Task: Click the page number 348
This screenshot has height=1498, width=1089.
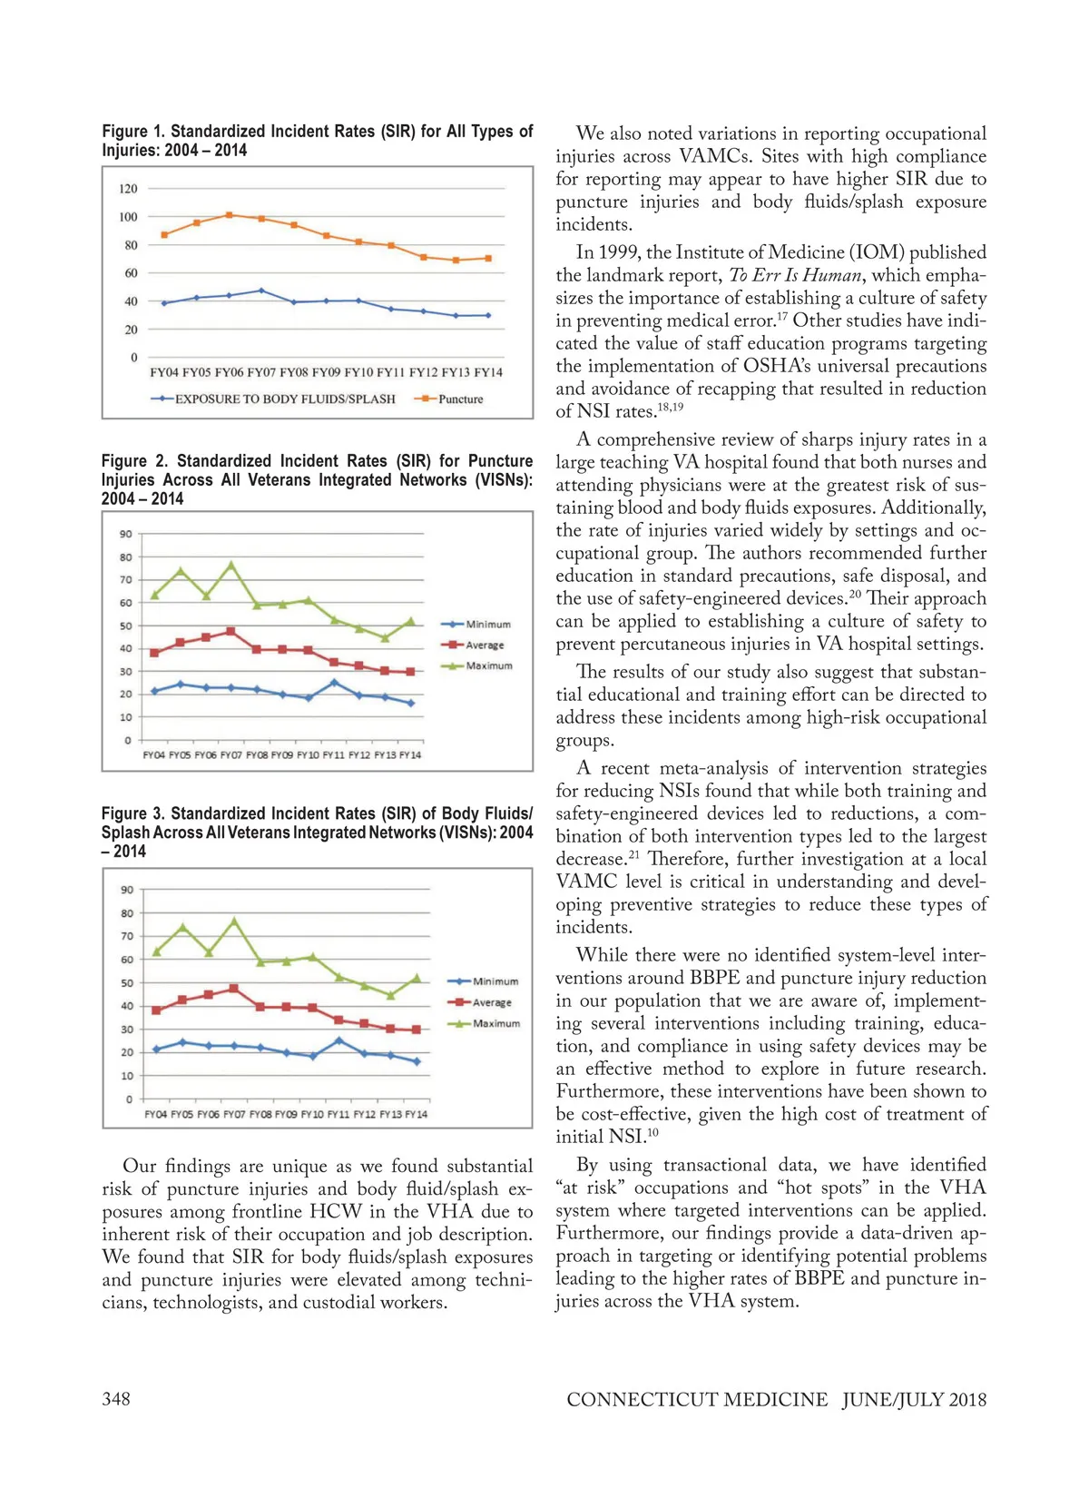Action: [116, 1399]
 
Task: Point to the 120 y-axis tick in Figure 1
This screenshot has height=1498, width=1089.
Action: [128, 189]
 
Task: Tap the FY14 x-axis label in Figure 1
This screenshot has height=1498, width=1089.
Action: [488, 372]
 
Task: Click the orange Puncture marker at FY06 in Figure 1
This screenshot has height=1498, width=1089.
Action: [229, 215]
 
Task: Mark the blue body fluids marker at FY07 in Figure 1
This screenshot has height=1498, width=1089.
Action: [261, 291]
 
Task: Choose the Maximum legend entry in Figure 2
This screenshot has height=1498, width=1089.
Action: [488, 666]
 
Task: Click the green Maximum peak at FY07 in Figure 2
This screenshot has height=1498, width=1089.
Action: [231, 565]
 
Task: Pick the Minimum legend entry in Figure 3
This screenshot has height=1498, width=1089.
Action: [495, 981]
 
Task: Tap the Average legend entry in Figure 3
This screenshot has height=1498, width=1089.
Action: [492, 1002]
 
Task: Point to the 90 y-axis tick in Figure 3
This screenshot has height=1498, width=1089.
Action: [127, 890]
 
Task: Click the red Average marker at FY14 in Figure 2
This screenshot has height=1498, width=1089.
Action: [410, 672]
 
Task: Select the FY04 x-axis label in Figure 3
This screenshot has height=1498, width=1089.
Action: [156, 1114]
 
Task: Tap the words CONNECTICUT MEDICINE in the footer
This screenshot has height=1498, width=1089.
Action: [697, 1399]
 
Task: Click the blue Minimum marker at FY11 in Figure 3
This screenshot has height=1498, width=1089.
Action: [339, 1040]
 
